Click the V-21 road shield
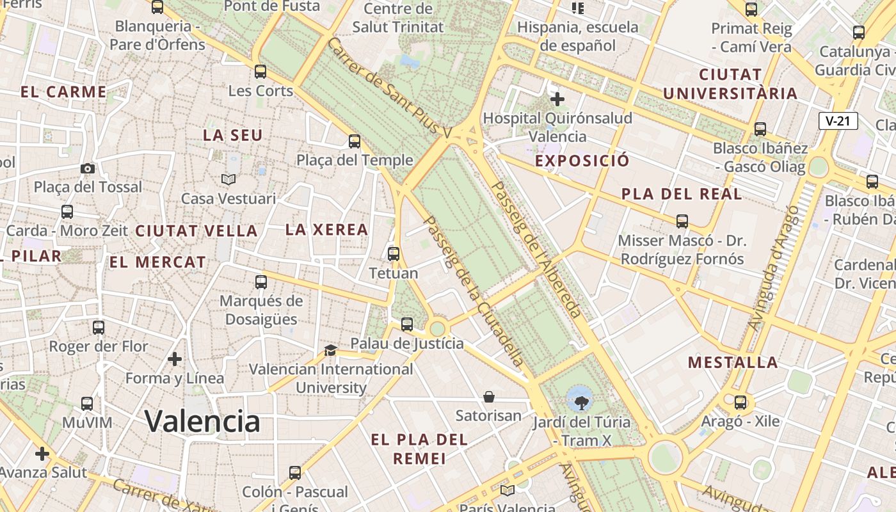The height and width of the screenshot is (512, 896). [x=838, y=121]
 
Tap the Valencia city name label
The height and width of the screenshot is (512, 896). [x=202, y=421]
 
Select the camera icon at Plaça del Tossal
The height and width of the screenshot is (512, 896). [x=88, y=168]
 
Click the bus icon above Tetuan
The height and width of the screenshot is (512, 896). [x=394, y=253]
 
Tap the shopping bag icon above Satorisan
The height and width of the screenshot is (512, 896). [x=489, y=397]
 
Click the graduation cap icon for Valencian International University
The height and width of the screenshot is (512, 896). [x=330, y=350]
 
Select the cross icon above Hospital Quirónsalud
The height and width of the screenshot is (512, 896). [x=557, y=99]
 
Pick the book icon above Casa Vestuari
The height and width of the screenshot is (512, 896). [x=228, y=180]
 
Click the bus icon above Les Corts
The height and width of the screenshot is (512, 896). [x=260, y=71]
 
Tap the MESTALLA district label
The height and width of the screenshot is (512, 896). [x=733, y=363]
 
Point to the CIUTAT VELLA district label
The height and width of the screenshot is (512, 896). [x=196, y=231]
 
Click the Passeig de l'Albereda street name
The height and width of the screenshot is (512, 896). [x=536, y=250]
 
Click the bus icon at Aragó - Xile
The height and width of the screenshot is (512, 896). [x=740, y=403]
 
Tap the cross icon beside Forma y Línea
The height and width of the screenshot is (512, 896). [x=175, y=359]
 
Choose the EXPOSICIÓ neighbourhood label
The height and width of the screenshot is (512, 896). [x=582, y=161]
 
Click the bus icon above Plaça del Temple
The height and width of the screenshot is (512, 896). [x=355, y=141]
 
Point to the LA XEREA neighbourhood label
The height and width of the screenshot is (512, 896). [x=326, y=230]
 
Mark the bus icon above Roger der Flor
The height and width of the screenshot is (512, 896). [x=99, y=328]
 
